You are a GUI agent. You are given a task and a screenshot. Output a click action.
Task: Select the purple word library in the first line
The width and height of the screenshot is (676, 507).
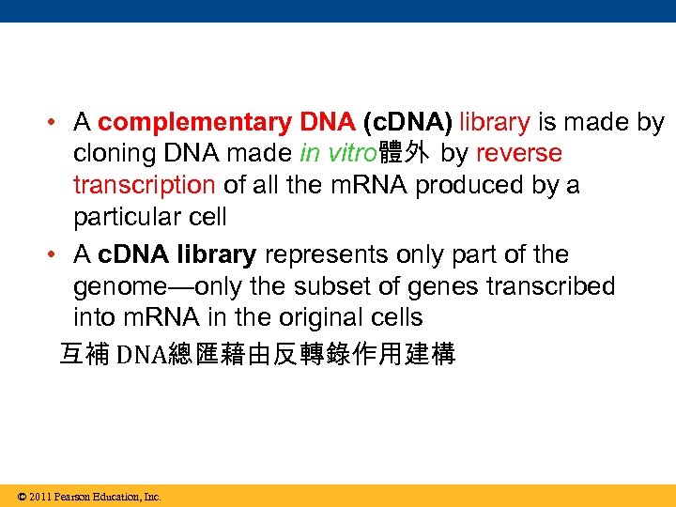tap(495, 122)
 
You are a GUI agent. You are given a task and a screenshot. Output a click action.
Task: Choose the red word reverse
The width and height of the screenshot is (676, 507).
tap(519, 153)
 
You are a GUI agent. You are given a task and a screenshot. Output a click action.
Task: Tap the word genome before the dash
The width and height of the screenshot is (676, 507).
tap(120, 286)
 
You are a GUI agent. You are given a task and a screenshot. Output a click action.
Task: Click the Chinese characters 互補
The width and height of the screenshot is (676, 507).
tap(84, 355)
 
